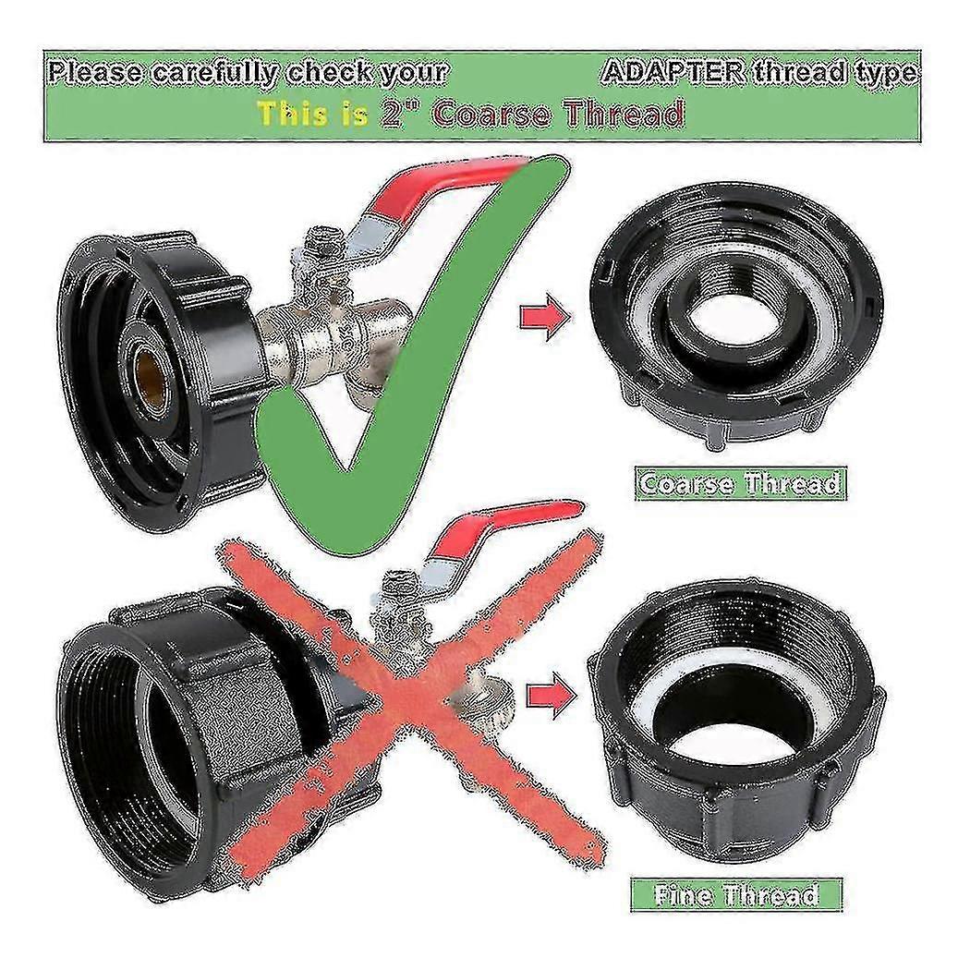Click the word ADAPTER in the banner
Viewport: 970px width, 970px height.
pyautogui.click(x=674, y=73)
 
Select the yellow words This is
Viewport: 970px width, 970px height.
pyautogui.click(x=313, y=114)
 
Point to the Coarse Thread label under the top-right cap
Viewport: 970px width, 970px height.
pyautogui.click(x=741, y=482)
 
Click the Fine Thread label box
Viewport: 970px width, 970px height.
pyautogui.click(x=736, y=894)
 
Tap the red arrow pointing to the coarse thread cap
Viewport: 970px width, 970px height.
pyautogui.click(x=545, y=318)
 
